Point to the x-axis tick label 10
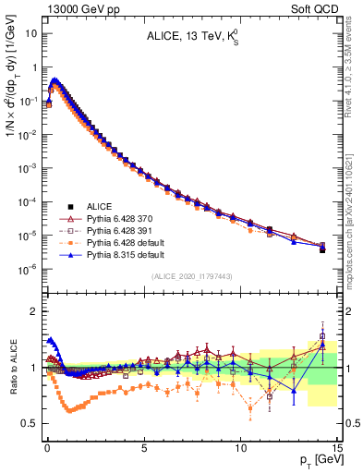tap(240, 446)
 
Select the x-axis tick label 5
tap(143, 446)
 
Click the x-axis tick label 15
tap(336, 446)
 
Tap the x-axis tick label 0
tap(47, 446)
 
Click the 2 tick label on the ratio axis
tap(33, 311)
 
